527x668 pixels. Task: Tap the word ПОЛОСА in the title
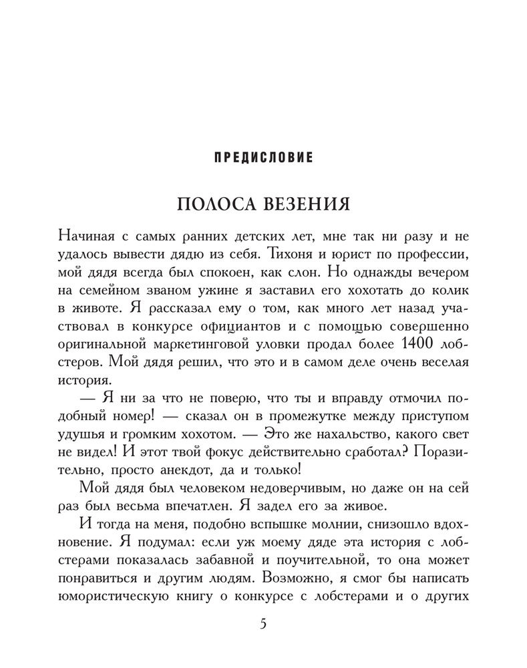[x=214, y=204]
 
